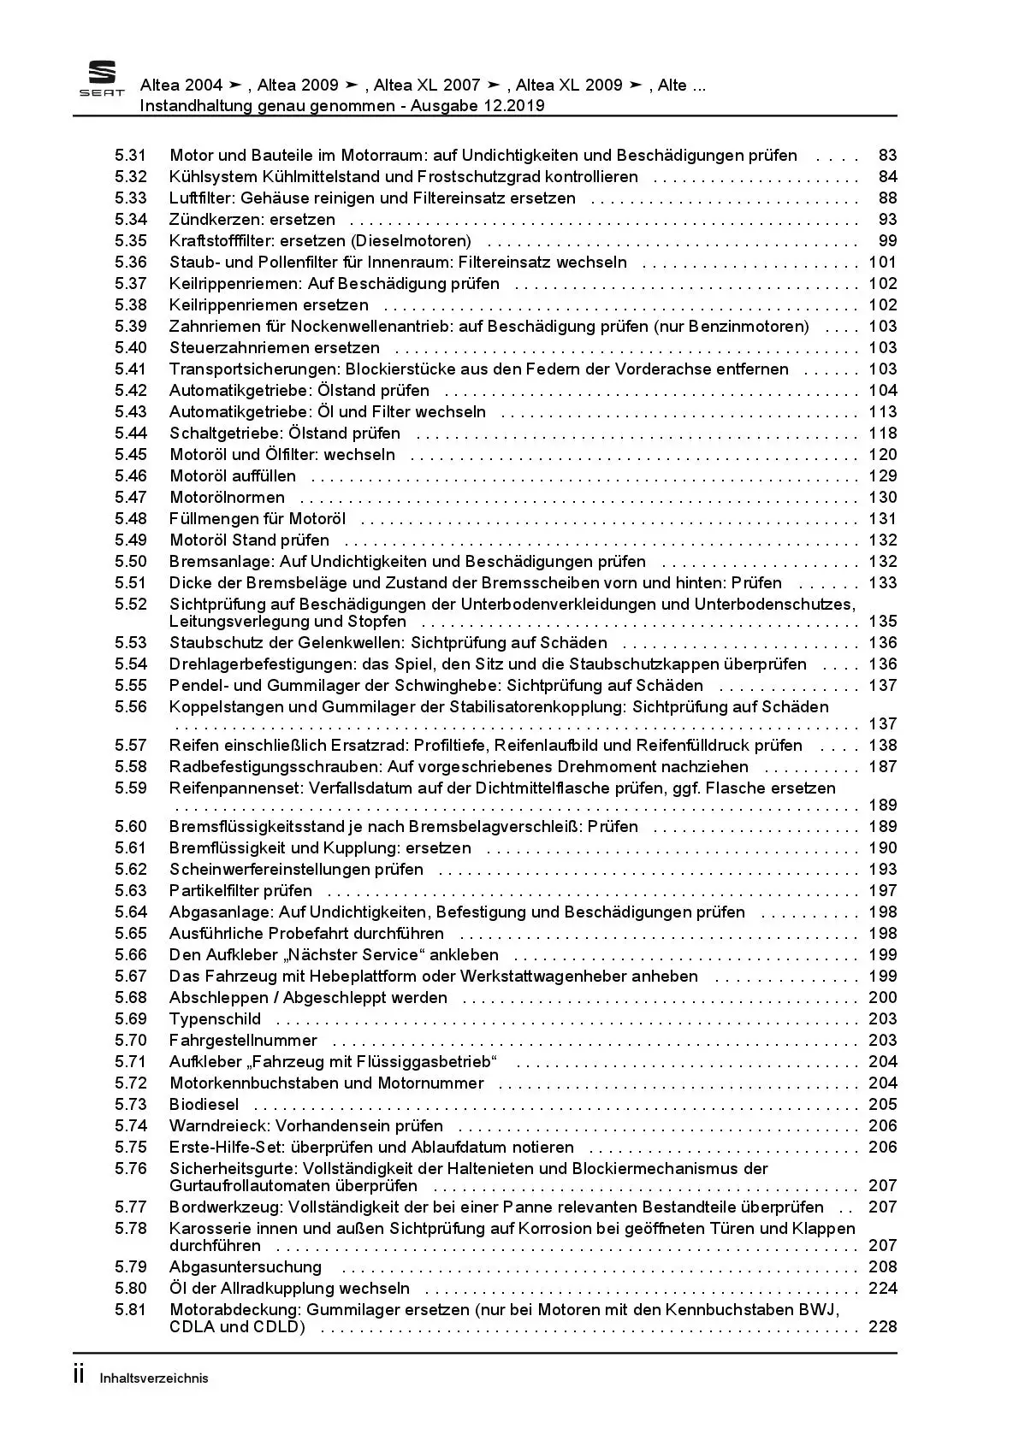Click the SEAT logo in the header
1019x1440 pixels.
click(102, 80)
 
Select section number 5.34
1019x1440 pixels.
click(131, 220)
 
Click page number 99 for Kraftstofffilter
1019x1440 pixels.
click(887, 241)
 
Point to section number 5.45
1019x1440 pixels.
click(131, 455)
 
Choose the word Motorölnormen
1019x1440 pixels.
click(227, 498)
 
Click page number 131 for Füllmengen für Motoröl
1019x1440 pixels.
click(883, 519)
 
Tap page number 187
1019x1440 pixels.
click(883, 767)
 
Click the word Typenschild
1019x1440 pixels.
click(215, 1019)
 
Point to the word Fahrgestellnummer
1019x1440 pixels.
click(243, 1041)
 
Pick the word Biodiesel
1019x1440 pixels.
click(204, 1105)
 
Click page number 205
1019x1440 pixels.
click(883, 1105)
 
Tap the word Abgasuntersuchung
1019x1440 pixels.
click(245, 1267)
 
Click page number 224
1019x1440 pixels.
click(883, 1289)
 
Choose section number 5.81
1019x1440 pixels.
click(131, 1310)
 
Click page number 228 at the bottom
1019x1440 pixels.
click(883, 1327)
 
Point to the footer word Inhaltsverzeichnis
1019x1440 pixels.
click(154, 1378)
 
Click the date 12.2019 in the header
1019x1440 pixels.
click(512, 106)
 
